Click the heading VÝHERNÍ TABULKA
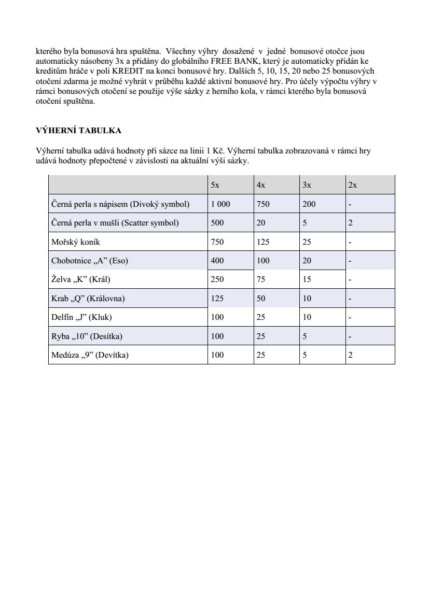click(78, 130)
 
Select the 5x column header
click(215, 185)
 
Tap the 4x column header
click(261, 185)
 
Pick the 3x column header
click(307, 185)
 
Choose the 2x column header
click(353, 185)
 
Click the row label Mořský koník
click(73, 242)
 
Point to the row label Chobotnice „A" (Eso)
click(89, 261)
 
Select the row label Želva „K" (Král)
click(81, 279)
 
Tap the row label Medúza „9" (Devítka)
click(90, 355)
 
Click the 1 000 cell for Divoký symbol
click(220, 204)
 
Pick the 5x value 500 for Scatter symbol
click(217, 223)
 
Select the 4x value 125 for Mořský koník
click(263, 242)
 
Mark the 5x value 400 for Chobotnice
click(217, 261)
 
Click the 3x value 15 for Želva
click(307, 279)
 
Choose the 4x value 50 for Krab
click(261, 299)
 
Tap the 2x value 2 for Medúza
click(351, 355)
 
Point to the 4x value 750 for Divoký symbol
click(263, 204)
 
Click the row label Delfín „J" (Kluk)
click(81, 317)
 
